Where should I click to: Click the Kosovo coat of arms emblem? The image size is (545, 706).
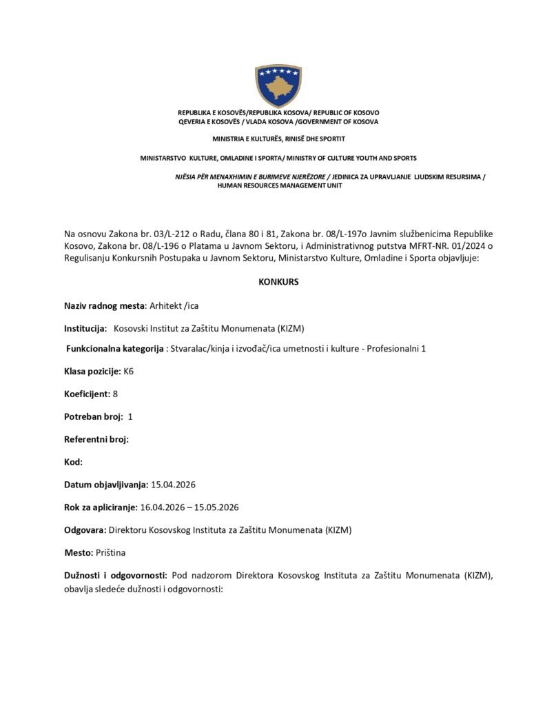278,85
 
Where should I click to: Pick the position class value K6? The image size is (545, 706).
128,371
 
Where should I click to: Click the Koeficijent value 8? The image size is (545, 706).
114,393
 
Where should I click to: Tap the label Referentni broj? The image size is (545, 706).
96,438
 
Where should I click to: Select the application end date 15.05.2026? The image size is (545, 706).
216,507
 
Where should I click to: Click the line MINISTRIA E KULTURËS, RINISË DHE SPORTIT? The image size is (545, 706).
278,139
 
